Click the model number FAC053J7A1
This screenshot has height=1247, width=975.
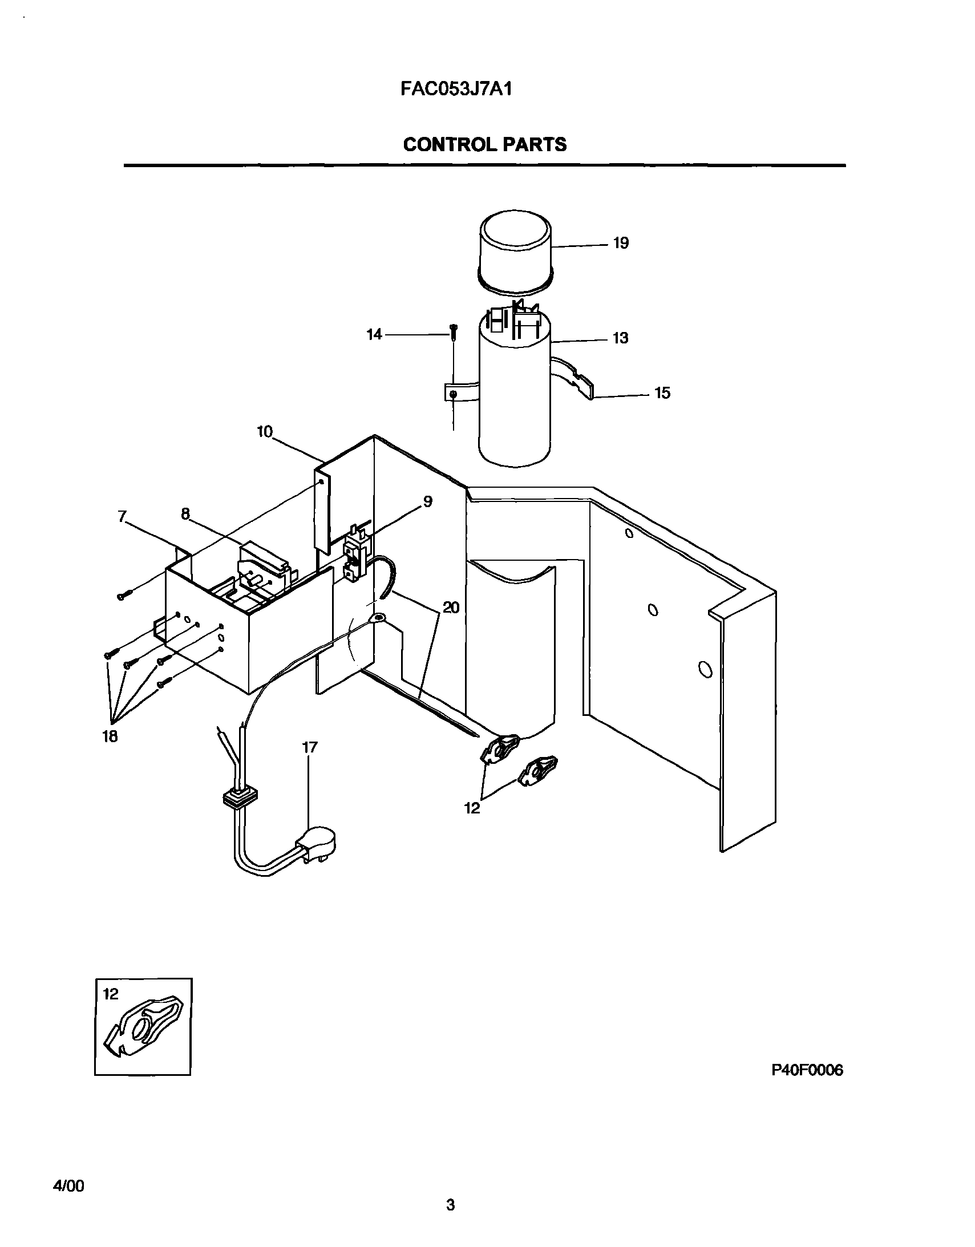[x=455, y=90]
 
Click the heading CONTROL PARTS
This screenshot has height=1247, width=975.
[x=484, y=144]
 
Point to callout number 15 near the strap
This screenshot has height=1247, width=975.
[x=661, y=393]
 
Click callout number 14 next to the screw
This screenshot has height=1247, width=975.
[x=374, y=334]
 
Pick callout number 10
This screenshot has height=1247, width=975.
[x=265, y=432]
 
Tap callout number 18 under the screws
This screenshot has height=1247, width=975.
[x=110, y=736]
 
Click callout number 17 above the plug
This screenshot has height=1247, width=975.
[x=310, y=747]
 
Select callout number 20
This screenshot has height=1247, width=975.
[x=451, y=608]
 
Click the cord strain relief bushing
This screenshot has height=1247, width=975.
[x=238, y=797]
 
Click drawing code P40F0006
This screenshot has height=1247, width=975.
[x=807, y=1070]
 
